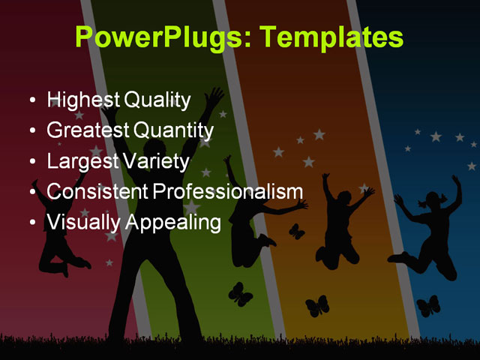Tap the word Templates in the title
point(329,37)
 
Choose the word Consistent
point(97,191)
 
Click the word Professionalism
point(228,191)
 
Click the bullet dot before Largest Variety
point(31,162)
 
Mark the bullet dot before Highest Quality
point(31,100)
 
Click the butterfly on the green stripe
point(240,294)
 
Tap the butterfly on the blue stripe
point(428,305)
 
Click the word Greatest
point(87,130)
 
